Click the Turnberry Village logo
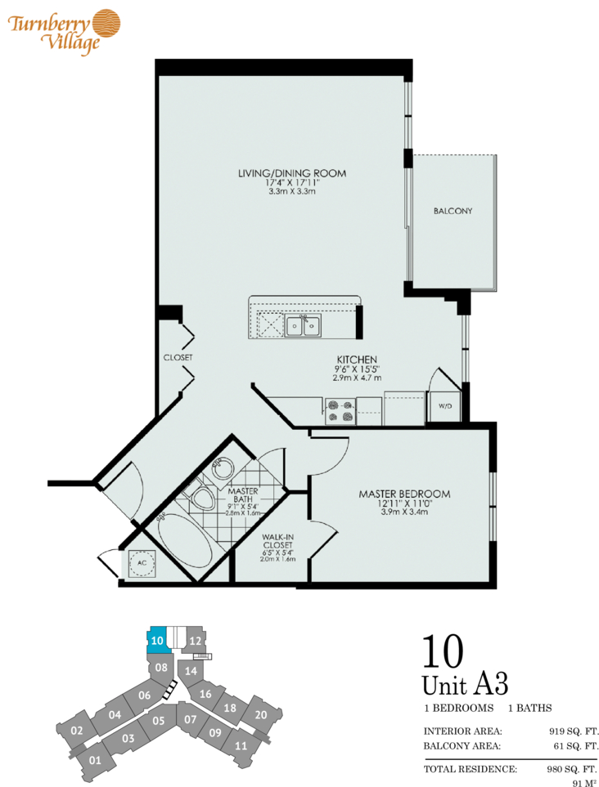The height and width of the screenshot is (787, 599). point(64,30)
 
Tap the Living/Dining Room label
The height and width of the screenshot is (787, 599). point(292,173)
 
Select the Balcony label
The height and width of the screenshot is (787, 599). point(453,212)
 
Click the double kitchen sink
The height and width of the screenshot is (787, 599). point(303,326)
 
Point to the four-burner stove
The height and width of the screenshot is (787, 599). point(340,411)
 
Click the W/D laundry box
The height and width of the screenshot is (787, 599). point(444,406)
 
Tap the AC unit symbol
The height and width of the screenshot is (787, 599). point(142,563)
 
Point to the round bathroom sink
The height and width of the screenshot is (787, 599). point(222,469)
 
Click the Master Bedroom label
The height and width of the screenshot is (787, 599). point(404,494)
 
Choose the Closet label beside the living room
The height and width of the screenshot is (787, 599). point(178,357)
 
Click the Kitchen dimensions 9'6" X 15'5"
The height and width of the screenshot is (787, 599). point(357,369)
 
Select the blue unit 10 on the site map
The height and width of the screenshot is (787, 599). point(157,641)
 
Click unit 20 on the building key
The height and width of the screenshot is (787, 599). point(261,715)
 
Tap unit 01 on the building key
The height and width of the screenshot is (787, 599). point(95,760)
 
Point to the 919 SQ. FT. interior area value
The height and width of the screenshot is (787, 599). point(574,731)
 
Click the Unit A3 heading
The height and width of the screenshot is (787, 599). point(466,685)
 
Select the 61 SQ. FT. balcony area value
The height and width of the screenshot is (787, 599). point(575,746)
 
